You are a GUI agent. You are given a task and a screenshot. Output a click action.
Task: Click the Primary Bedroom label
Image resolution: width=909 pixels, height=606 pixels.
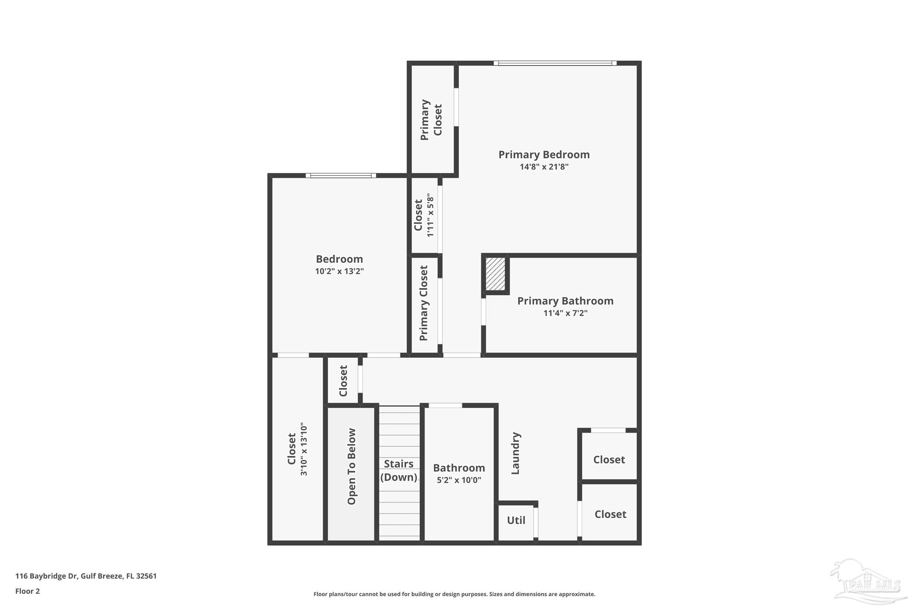pos(544,154)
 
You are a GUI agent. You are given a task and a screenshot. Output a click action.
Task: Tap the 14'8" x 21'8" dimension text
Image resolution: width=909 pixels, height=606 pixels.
pos(544,167)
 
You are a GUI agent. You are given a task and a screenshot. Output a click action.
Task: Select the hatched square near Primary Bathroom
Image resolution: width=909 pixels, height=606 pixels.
pos(495,274)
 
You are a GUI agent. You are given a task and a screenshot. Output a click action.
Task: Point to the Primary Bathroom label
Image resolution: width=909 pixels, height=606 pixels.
pos(565,301)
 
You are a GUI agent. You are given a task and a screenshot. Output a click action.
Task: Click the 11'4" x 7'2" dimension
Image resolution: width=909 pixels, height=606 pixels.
pos(565,313)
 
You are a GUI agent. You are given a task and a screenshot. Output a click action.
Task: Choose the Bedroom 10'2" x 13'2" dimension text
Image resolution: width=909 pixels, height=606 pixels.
pos(339,271)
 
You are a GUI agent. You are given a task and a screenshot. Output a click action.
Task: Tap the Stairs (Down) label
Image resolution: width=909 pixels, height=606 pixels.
pos(399,470)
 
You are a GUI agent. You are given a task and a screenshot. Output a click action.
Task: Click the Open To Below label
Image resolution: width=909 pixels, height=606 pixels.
pos(352,466)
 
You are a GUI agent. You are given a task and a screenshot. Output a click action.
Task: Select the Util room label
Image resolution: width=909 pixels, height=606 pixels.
pos(516,520)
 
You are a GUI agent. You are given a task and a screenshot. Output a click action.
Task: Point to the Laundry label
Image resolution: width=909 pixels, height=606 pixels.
pos(515,453)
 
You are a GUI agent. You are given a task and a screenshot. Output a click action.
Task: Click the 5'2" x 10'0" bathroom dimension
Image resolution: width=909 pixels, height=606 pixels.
pos(458,480)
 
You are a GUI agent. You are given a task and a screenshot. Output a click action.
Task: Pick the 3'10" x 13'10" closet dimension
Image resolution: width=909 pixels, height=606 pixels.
pos(304,449)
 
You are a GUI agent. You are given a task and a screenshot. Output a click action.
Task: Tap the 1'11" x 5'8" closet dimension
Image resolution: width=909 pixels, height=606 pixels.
pos(430,215)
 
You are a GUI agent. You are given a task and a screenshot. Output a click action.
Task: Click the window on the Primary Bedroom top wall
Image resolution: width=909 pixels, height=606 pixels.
pos(555,63)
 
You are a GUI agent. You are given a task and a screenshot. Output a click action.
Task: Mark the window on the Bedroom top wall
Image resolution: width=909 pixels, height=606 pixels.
pos(341,176)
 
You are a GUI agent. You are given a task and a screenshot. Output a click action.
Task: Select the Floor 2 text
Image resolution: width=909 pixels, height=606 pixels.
pos(28,591)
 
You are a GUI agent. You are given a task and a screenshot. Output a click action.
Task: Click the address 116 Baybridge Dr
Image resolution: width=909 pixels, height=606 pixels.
pos(86,576)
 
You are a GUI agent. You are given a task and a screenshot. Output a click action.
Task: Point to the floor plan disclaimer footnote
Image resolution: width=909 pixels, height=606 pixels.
pos(454,594)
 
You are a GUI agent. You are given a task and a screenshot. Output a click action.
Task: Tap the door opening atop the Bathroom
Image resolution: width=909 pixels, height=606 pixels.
pos(445,405)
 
